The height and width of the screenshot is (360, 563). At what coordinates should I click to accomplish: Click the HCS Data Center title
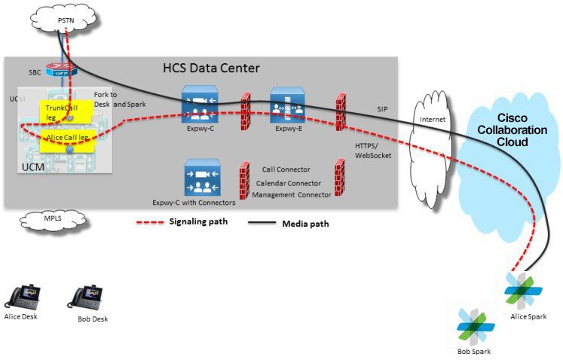coord(211,69)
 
